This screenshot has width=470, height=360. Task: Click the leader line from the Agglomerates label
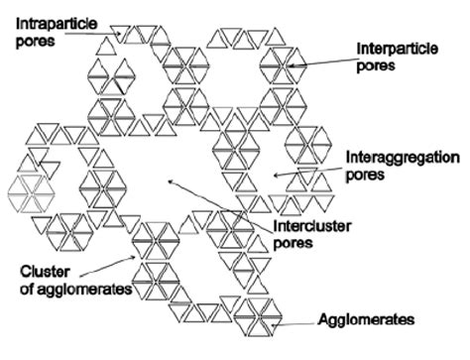tap(294, 321)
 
